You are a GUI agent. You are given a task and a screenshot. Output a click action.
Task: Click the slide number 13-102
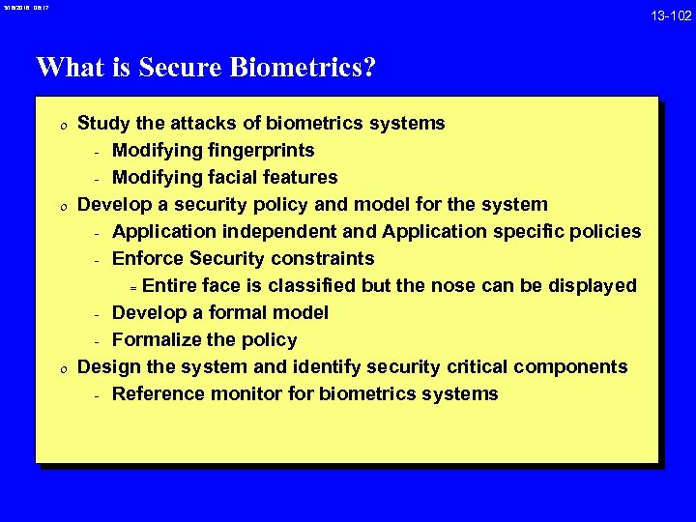tap(671, 14)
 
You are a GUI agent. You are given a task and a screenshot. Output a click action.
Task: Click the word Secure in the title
tap(179, 68)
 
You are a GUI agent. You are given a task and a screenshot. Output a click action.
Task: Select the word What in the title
tap(68, 68)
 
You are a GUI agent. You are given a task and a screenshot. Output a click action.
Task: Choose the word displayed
tap(589, 285)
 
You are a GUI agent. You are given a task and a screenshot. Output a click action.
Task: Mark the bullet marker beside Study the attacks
tap(59, 124)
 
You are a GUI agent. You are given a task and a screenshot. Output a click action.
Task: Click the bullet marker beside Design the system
tap(59, 367)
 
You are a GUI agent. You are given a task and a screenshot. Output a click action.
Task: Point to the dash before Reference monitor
tap(98, 394)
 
